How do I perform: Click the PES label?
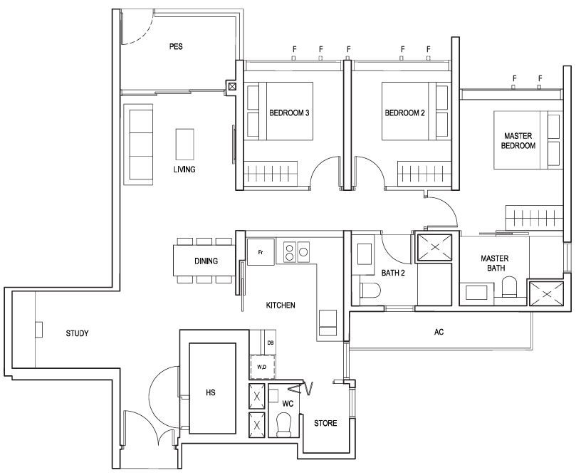tap(176, 47)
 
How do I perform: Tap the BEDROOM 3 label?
tap(289, 113)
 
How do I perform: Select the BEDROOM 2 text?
tap(404, 113)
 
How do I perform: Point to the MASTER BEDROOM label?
tap(518, 141)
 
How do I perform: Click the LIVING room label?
tap(184, 169)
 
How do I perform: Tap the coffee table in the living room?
tap(184, 144)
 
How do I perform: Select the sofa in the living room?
tap(138, 145)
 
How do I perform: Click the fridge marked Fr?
tap(261, 252)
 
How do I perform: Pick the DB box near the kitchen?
tap(271, 343)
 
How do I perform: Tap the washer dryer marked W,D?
tap(262, 367)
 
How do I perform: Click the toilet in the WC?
tap(284, 425)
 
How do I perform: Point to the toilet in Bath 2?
tap(370, 291)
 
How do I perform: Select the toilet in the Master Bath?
tap(509, 287)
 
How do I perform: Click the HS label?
tap(211, 392)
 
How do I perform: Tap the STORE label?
tap(325, 423)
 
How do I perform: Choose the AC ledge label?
tap(439, 332)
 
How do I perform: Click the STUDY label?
tap(77, 333)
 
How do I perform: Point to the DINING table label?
tap(206, 261)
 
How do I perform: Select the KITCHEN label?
tap(281, 306)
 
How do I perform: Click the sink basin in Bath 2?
tap(365, 254)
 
